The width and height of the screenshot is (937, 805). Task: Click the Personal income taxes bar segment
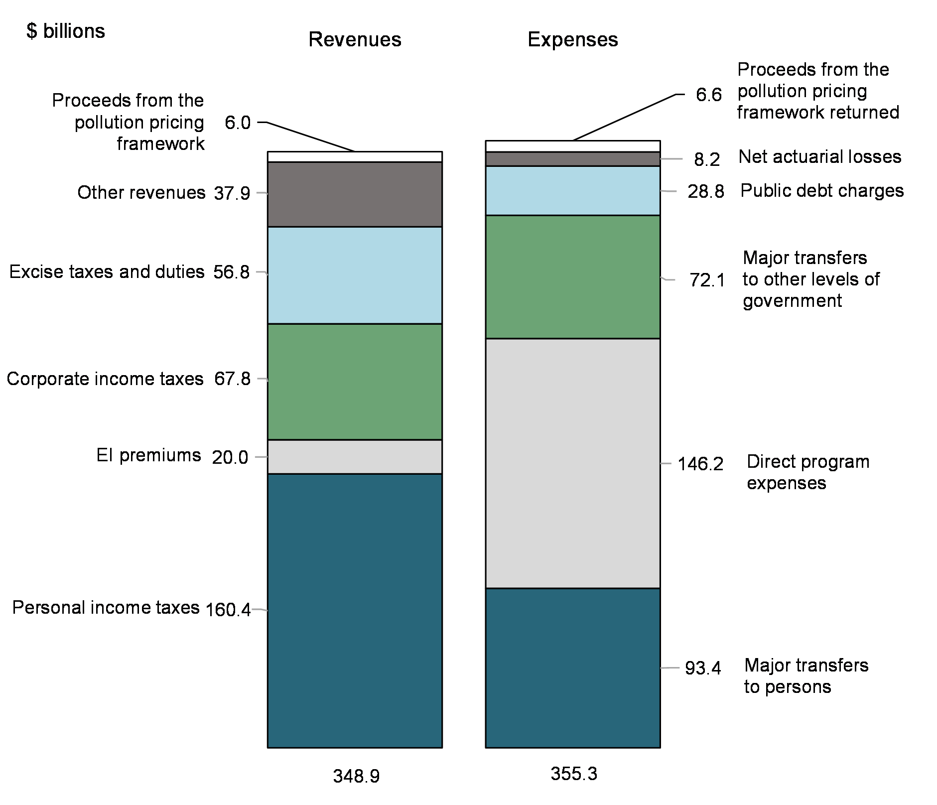[x=355, y=610]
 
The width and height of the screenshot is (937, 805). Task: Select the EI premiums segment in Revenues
[x=355, y=456]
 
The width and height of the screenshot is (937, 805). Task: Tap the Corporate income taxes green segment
[x=355, y=382]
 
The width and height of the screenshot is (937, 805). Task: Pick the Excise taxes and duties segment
[x=355, y=275]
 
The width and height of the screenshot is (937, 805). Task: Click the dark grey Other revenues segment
[x=355, y=194]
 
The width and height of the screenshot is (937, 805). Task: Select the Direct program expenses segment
[x=572, y=463]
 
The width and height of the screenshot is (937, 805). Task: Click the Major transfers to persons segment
[x=572, y=668]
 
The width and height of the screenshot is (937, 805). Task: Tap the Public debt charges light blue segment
[x=572, y=190]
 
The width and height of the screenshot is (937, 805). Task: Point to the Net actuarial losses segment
[x=572, y=159]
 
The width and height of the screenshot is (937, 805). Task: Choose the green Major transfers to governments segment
[x=572, y=277]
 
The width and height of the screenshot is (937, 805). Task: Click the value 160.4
[x=228, y=609]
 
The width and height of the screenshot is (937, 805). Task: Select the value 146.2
[x=700, y=464]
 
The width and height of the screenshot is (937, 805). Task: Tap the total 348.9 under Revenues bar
[x=356, y=776]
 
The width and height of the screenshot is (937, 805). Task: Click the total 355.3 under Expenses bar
[x=573, y=774]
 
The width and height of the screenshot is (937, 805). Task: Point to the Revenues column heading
[x=355, y=40]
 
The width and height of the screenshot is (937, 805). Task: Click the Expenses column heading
[x=572, y=40]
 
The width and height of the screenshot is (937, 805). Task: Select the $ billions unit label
[x=66, y=31]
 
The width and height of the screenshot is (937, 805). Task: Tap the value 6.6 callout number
[x=708, y=95]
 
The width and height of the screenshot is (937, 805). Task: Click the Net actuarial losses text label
[x=819, y=157]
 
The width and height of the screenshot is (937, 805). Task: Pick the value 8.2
[x=707, y=159]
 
